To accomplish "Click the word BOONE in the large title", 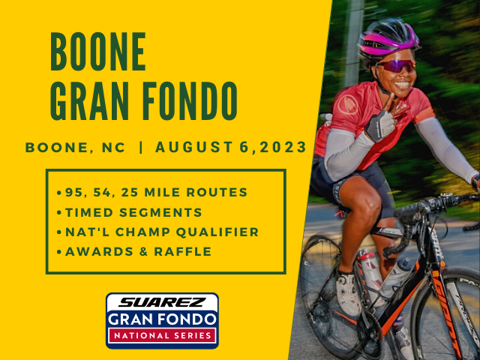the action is point(98,52).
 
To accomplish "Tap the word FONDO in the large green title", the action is point(190,100).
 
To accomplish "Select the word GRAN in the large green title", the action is point(89,100).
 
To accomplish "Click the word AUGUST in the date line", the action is point(194,147).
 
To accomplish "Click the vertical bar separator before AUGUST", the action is point(141,147).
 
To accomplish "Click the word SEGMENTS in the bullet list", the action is point(160,212).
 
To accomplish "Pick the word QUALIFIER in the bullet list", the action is point(217,232).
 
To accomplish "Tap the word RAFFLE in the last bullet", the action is point(183,252).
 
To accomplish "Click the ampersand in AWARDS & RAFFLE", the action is point(143,252).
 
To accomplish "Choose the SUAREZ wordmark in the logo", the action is point(162,302).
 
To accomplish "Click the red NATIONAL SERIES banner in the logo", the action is point(162,335).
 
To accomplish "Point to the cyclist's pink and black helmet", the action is point(388,38).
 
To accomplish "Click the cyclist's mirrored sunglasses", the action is point(397,66).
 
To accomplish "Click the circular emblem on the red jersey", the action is point(348,105).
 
